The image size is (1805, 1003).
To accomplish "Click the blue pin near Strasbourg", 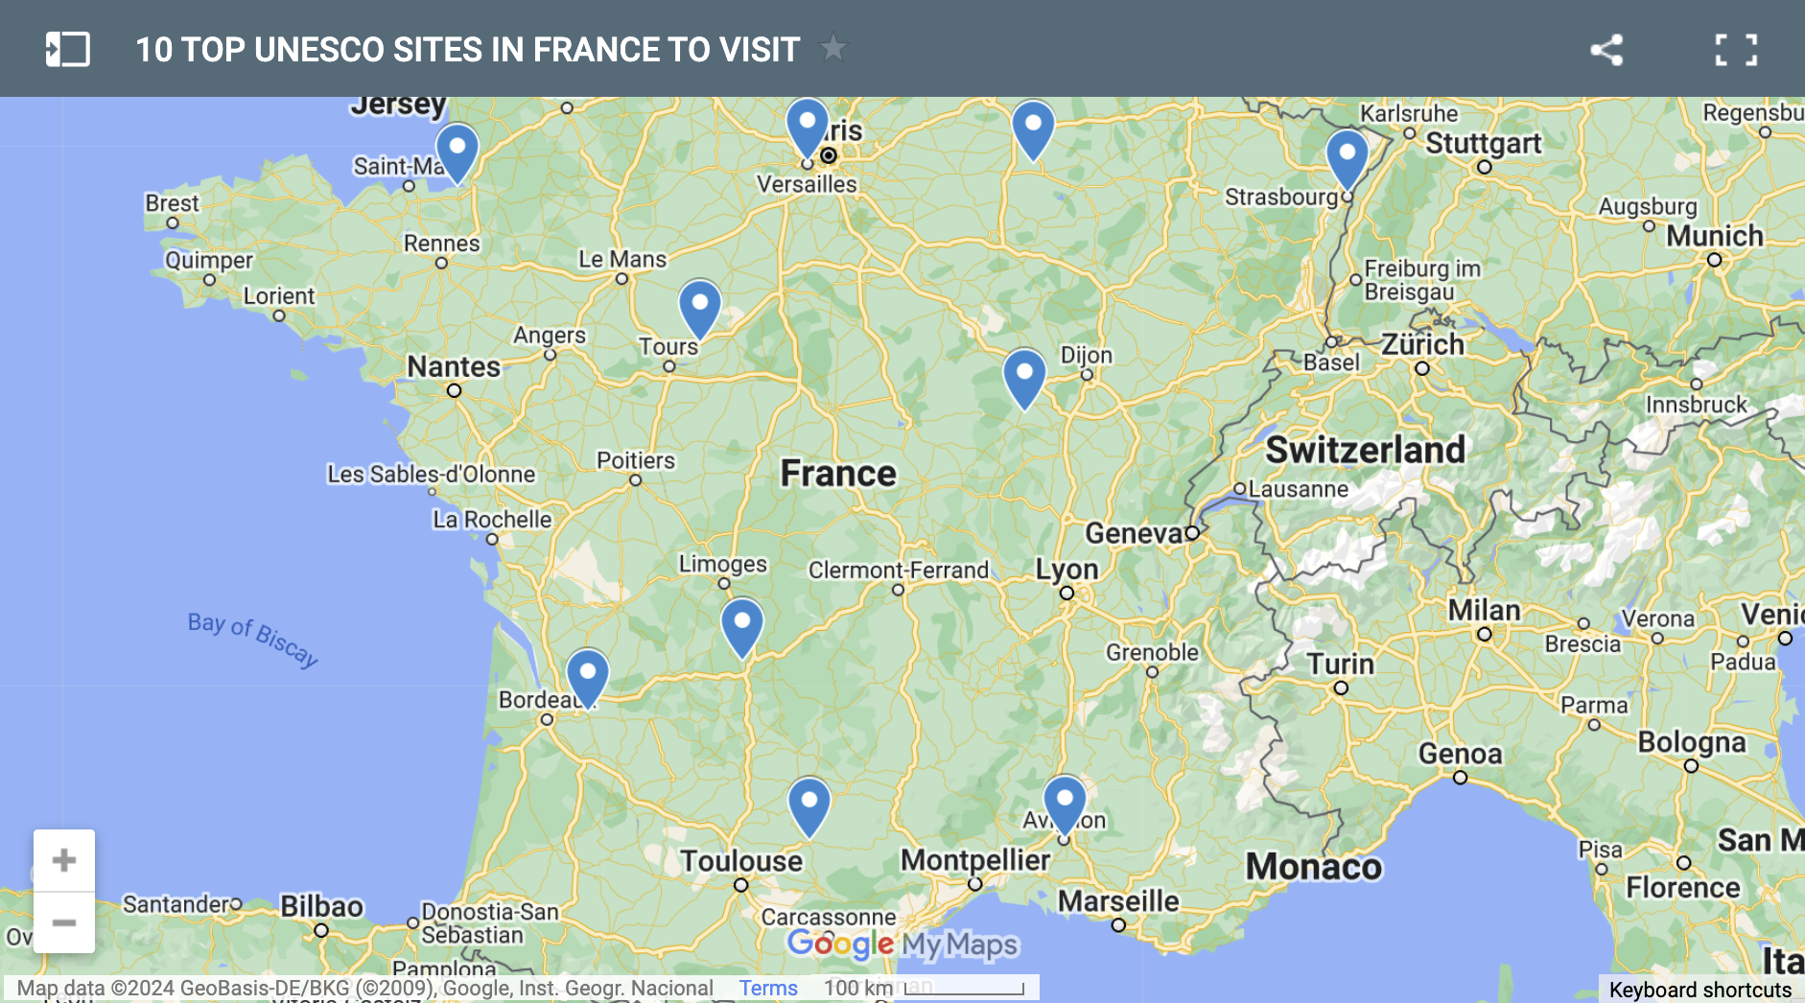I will [1347, 155].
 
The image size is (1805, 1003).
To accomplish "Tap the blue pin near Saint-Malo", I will [457, 149].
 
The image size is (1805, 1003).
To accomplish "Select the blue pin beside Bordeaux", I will [587, 674].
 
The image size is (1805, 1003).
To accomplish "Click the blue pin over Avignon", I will [1065, 801].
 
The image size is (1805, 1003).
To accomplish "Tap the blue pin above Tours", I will [700, 305].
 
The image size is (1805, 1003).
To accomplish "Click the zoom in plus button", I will [64, 860].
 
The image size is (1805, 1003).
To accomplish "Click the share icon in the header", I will [1606, 50].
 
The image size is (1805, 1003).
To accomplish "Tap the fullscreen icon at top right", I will [1736, 50].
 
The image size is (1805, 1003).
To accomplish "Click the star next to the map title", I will [832, 48].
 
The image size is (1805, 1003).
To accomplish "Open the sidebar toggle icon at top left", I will [68, 50].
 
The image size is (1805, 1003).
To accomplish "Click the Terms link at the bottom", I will [767, 988].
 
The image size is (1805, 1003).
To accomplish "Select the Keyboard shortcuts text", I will [1700, 990].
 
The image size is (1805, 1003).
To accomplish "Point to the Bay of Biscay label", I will [252, 639].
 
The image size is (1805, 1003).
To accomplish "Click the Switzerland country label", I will [1365, 450].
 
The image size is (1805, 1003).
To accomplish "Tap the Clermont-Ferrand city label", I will [898, 571].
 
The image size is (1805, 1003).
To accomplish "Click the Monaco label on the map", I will [1313, 867].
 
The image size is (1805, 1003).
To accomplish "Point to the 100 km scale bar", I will [964, 989].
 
